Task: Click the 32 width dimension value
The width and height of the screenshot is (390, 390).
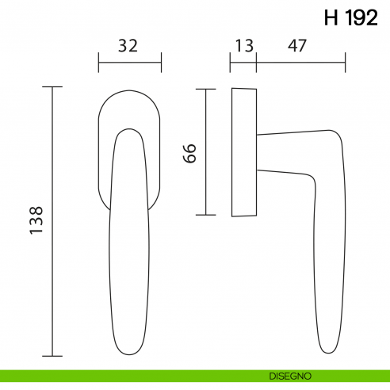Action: click(x=128, y=46)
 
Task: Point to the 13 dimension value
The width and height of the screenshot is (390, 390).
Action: click(x=244, y=46)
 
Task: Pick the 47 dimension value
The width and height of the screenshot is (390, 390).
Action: click(x=298, y=46)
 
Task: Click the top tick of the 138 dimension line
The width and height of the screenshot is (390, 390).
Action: click(x=52, y=87)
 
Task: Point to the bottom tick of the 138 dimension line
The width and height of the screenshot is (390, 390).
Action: click(x=52, y=356)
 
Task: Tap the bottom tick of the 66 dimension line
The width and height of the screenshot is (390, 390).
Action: click(x=205, y=215)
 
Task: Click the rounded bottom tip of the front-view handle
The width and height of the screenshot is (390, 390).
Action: click(x=129, y=351)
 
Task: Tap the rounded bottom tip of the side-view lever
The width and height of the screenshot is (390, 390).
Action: click(x=331, y=350)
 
